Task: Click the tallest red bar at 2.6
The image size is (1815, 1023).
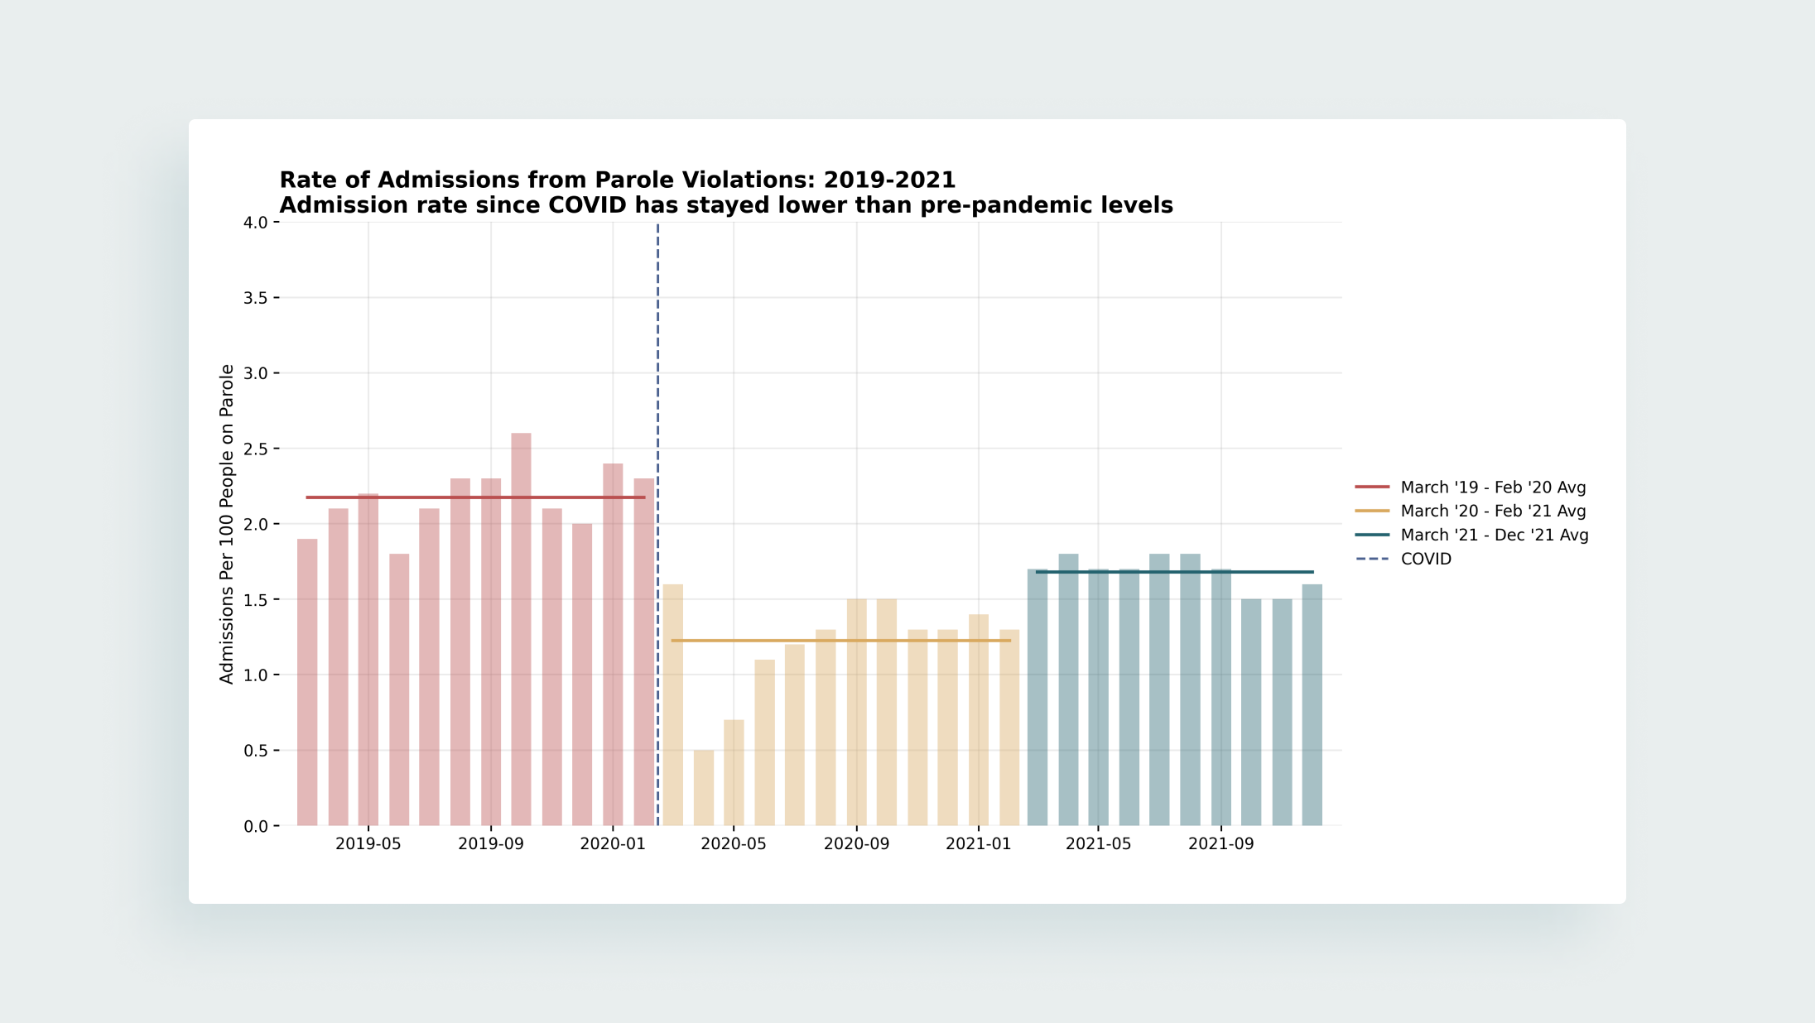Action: pos(521,629)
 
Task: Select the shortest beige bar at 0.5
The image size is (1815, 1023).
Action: pos(704,788)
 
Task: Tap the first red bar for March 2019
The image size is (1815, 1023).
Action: pos(307,682)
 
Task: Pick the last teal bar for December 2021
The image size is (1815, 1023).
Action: pos(1312,705)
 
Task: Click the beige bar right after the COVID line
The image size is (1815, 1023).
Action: pos(673,705)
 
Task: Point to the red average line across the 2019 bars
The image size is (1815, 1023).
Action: pos(475,497)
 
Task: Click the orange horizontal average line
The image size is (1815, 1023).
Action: pos(841,641)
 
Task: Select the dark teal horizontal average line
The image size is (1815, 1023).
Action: pos(1174,572)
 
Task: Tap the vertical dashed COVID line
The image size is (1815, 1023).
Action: pos(658,524)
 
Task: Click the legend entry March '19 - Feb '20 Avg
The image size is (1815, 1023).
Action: pos(1471,487)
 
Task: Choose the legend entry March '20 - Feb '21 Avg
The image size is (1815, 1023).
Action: pos(1471,511)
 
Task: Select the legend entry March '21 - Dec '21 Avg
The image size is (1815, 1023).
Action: pos(1472,536)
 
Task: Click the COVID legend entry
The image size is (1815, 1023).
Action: pos(1403,560)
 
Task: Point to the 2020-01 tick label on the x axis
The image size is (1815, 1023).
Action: pos(612,843)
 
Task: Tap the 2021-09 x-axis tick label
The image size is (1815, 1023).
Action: pos(1220,843)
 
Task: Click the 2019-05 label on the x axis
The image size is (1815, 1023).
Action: pos(368,843)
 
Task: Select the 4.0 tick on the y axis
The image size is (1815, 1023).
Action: pos(255,223)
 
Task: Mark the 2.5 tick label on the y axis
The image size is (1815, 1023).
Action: pos(255,449)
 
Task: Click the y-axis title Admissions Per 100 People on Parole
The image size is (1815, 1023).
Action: pos(227,524)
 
